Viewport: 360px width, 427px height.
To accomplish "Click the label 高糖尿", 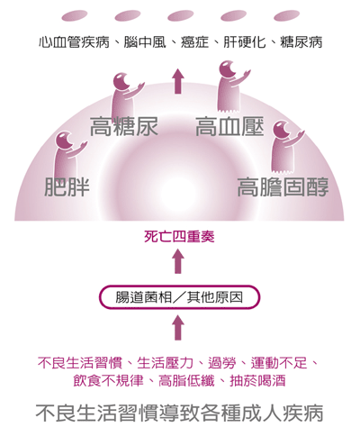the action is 124,127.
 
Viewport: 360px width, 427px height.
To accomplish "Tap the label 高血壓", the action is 229,127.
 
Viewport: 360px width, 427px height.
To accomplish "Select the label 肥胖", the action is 67,186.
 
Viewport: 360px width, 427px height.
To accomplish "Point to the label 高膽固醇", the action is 283,186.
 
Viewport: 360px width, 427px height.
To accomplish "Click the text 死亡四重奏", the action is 179,237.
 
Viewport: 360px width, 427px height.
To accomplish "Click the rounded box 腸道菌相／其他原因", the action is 179,297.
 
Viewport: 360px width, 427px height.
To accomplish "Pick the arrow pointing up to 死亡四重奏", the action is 178,261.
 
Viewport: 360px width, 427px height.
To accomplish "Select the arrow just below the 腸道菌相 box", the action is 178,328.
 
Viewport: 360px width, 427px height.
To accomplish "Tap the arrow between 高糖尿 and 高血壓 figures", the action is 178,81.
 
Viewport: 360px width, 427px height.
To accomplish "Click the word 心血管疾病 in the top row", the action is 74,42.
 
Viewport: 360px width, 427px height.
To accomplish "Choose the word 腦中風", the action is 145,42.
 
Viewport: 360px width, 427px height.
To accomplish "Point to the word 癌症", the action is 194,42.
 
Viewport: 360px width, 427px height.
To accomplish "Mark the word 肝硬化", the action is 245,42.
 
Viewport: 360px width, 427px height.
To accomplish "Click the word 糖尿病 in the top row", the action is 301,42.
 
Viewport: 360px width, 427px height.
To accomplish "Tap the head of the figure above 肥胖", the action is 64,140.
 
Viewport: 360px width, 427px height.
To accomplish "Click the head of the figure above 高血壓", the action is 227,68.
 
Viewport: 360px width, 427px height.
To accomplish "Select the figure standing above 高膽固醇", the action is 285,147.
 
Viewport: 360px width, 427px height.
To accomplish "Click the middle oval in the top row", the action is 180,16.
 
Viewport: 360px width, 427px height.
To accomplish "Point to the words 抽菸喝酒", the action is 257,381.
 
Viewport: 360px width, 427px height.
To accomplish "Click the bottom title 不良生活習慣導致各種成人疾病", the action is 179,413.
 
